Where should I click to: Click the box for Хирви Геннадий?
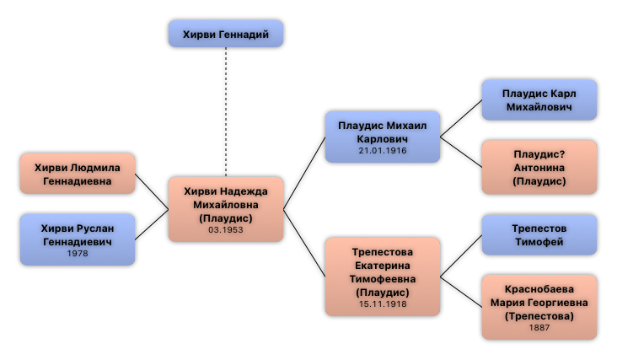tap(225, 34)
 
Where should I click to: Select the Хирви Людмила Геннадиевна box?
tap(78, 174)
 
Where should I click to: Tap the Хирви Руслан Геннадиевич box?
tap(78, 239)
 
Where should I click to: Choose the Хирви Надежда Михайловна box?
tap(225, 209)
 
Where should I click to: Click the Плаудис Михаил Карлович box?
tap(382, 136)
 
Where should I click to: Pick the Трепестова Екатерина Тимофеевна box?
tap(382, 277)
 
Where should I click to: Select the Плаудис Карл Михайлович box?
tap(539, 100)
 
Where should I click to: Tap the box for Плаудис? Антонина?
tap(539, 167)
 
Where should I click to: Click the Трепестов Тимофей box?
tap(539, 234)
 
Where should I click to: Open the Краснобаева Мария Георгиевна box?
tap(539, 307)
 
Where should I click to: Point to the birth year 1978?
tap(78, 253)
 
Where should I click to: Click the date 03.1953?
tap(225, 230)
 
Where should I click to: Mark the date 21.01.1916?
tap(382, 150)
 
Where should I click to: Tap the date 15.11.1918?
tap(382, 304)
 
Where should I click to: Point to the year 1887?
tap(539, 328)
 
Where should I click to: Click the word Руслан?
tap(93, 228)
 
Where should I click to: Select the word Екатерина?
tap(382, 265)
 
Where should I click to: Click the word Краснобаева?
tap(539, 288)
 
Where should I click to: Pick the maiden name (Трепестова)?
tap(539, 315)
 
